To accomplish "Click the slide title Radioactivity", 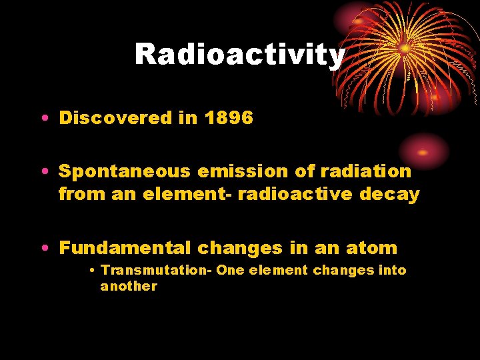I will pos(240,55).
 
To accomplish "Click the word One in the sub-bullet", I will pos(230,270).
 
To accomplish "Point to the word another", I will pos(129,287).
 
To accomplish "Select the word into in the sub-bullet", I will pos(393,270).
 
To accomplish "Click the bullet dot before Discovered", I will pos(43,119).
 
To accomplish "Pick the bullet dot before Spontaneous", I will pos(43,172).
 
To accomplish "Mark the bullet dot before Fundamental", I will pos(43,249).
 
